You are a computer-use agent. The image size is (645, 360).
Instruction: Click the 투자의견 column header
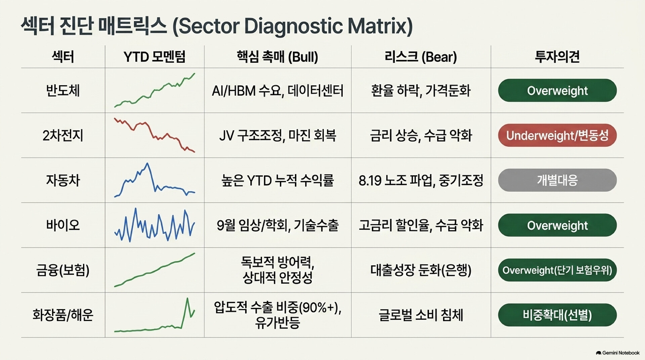click(x=557, y=56)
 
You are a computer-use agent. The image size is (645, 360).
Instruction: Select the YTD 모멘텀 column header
click(x=154, y=56)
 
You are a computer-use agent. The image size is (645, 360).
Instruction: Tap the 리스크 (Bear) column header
click(x=421, y=56)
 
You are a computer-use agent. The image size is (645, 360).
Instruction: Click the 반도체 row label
click(x=63, y=91)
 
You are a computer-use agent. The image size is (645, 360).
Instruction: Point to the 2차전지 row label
click(x=63, y=135)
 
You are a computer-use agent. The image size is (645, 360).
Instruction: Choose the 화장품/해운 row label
click(x=63, y=315)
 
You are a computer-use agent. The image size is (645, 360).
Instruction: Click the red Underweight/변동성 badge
click(x=557, y=135)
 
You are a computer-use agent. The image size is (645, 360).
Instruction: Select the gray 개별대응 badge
click(x=557, y=180)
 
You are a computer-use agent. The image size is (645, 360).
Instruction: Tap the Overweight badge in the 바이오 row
click(x=557, y=225)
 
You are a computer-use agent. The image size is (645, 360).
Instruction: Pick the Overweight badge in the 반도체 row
click(x=557, y=90)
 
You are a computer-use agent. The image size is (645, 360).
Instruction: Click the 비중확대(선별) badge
click(x=557, y=315)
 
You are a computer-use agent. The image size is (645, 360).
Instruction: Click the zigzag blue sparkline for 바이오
click(x=155, y=225)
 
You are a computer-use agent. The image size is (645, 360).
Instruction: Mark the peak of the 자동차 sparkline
click(x=147, y=164)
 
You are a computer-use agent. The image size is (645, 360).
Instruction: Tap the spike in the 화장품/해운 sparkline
click(x=187, y=299)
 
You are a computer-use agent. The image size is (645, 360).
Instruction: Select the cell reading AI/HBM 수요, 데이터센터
click(x=277, y=91)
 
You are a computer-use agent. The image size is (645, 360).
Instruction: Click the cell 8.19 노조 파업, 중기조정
click(x=421, y=180)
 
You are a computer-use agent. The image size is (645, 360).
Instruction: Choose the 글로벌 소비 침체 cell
click(x=421, y=315)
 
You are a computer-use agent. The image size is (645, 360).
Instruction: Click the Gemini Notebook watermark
click(x=618, y=353)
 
